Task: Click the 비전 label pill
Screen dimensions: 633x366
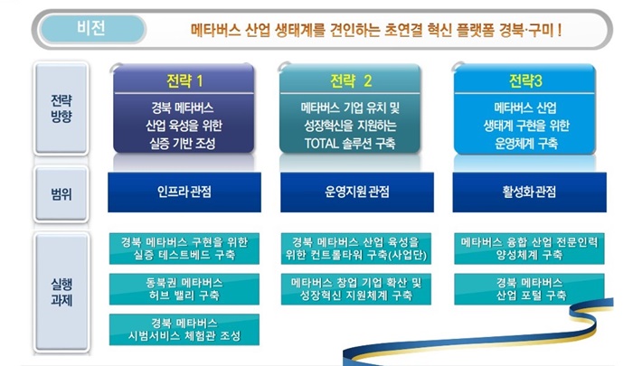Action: (92, 29)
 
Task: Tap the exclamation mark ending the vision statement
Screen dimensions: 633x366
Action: (559, 30)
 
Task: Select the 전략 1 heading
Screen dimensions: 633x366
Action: (184, 81)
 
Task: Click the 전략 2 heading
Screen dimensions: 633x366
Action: (351, 81)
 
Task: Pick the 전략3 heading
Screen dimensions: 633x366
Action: (525, 81)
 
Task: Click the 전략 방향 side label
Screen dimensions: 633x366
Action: (61, 108)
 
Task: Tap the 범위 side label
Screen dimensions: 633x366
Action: (61, 194)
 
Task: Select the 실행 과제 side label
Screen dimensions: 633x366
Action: (61, 292)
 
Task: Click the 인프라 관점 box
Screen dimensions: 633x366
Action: (184, 192)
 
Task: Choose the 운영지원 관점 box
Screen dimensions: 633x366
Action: (357, 192)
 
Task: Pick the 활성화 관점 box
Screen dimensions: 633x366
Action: (529, 192)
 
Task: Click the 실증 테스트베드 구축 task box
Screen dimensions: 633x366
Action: (184, 249)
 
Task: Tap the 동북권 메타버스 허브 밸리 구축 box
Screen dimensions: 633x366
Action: (184, 289)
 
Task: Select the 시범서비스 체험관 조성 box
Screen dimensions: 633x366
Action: (184, 330)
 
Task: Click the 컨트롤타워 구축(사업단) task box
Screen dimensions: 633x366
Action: (356, 249)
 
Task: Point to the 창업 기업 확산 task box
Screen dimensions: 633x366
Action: (356, 289)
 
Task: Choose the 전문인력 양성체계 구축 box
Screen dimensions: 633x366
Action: (529, 249)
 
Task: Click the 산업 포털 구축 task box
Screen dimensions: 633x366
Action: (529, 289)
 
